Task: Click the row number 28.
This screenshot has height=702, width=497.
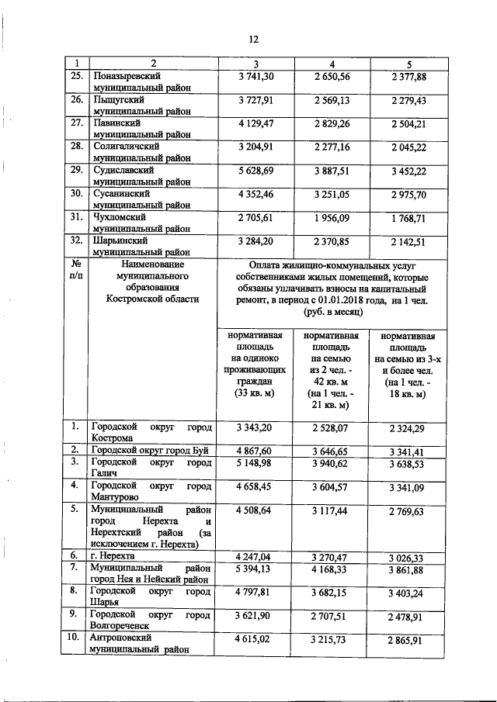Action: tap(77, 146)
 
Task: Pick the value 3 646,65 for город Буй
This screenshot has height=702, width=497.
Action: tap(332, 450)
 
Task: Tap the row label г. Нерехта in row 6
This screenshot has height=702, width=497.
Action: tap(113, 556)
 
